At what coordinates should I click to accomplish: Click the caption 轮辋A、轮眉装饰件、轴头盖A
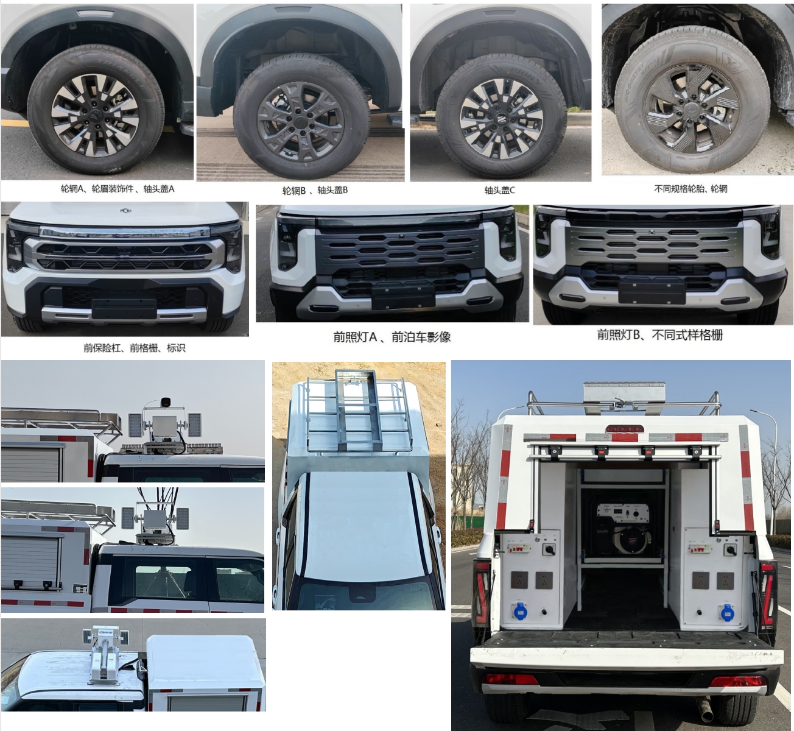click(x=117, y=189)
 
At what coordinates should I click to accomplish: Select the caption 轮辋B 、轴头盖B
click(x=315, y=190)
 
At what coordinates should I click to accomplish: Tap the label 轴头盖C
click(x=499, y=190)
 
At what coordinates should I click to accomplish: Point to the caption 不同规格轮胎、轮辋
click(x=690, y=189)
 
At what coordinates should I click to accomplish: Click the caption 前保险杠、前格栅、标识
click(x=135, y=348)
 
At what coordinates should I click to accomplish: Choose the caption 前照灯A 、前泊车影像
click(x=392, y=337)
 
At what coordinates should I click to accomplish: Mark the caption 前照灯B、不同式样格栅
click(x=659, y=334)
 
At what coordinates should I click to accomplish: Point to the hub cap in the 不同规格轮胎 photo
click(x=692, y=109)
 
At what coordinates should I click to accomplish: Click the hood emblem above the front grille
click(x=125, y=211)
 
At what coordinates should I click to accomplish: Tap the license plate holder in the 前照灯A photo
click(x=403, y=295)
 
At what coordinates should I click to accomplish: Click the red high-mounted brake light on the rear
click(x=623, y=429)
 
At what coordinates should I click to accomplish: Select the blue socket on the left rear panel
click(x=519, y=610)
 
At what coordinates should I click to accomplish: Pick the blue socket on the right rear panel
click(x=727, y=610)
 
